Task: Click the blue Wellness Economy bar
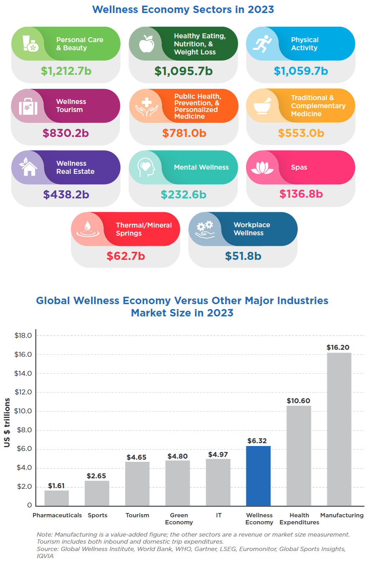point(258,476)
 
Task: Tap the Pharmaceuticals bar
point(57,498)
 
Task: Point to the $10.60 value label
point(298,401)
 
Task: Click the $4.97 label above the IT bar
point(218,454)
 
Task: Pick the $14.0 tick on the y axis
point(23,373)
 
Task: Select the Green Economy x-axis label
point(179,519)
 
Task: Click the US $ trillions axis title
point(7,422)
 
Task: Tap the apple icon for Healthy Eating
point(147,44)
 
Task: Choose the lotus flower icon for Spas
point(262,168)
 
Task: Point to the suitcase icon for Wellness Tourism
point(28,106)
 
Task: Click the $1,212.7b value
point(66,71)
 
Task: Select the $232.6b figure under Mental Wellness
point(183,195)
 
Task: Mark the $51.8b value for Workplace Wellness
point(243,256)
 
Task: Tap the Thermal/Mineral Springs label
point(144,229)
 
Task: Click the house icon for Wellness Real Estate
point(28,167)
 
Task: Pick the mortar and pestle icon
point(262,106)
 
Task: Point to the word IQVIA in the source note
point(45,556)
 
